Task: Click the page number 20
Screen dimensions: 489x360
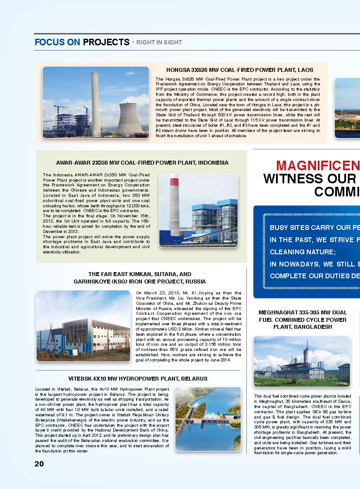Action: [39, 464]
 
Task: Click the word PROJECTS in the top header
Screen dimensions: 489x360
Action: [106, 42]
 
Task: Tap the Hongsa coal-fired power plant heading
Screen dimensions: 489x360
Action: [239, 70]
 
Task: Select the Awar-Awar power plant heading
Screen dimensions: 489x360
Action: [142, 162]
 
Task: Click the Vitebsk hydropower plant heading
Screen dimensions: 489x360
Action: [138, 378]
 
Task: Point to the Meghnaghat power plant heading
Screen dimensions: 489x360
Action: [303, 320]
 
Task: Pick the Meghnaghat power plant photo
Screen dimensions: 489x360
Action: [302, 361]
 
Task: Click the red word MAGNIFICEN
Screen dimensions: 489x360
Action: [318, 165]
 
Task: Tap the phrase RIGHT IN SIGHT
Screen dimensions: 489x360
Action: [159, 43]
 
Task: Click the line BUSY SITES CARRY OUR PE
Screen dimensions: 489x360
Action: [314, 228]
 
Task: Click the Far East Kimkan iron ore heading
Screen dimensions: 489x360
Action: [140, 278]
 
